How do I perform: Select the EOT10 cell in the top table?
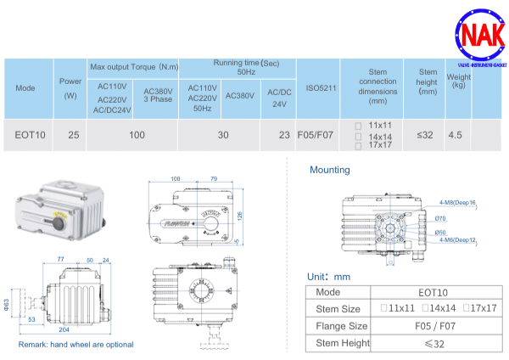(31, 134)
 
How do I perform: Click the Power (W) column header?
(71, 87)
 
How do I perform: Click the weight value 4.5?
(455, 134)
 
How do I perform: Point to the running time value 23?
(283, 134)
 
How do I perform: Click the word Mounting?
(329, 170)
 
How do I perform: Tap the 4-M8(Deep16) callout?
(458, 203)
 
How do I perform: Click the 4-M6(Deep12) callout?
(458, 240)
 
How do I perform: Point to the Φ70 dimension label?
(441, 218)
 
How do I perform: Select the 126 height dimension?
(240, 215)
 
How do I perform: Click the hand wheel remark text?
(76, 345)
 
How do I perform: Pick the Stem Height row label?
(342, 343)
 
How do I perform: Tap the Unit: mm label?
(328, 277)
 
